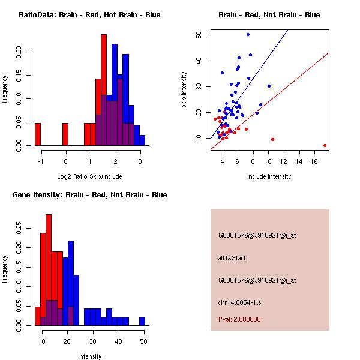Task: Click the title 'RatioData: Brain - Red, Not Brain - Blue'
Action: (x=89, y=15)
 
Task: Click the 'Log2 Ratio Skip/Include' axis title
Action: (x=89, y=176)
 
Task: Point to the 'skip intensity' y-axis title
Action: (x=185, y=90)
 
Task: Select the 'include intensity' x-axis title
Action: (x=269, y=176)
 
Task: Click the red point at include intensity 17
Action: (x=325, y=145)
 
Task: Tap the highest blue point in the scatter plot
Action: (x=248, y=35)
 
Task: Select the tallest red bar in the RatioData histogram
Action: (x=104, y=90)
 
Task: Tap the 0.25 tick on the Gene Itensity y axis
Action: (x=26, y=228)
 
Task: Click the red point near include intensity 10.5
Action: (x=272, y=139)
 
